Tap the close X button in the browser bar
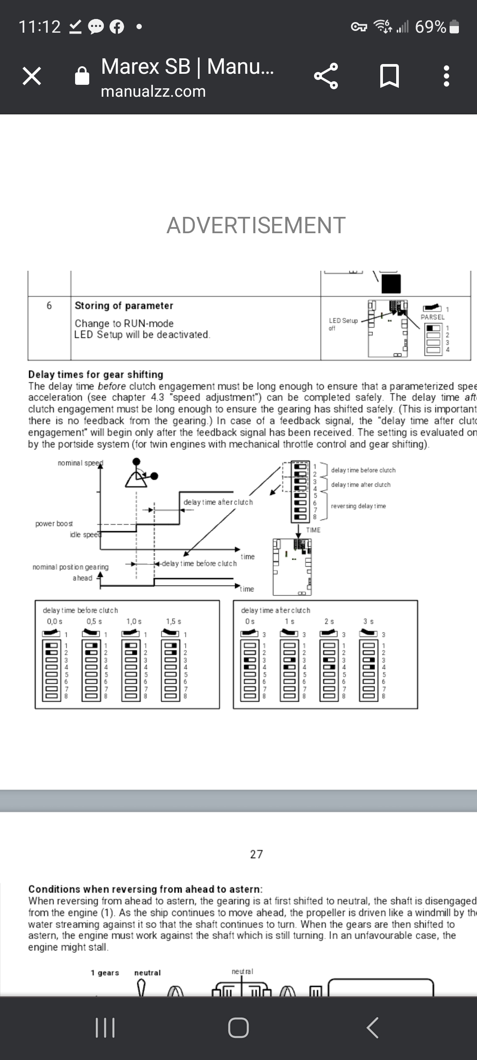pos(32,76)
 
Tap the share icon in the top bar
pos(326,76)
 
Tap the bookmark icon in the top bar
pos(390,76)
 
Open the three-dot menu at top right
pos(447,76)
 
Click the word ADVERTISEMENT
pos(256,225)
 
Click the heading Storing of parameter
pos(124,306)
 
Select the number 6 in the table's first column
pos(49,306)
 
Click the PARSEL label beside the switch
pos(432,317)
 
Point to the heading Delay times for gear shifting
pos(95,375)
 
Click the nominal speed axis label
pos(80,463)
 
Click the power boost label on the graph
pos(54,523)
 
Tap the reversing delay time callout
pos(358,506)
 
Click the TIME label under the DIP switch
pos(313,530)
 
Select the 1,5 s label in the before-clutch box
pos(174,621)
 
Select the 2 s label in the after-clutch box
pos(329,621)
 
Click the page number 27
pos(256,854)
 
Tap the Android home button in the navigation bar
pos(238,1028)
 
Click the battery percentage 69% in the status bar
pos(430,27)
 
